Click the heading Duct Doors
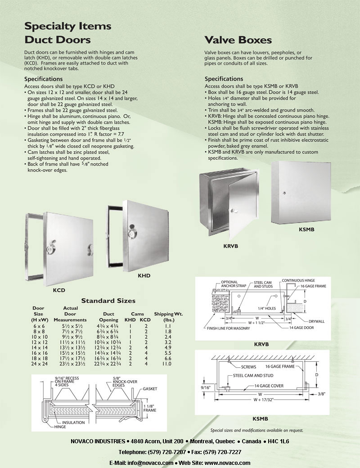click(57, 40)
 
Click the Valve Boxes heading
click(238, 40)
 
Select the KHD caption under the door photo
click(144, 276)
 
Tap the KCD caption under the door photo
click(59, 291)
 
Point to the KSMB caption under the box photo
click(306, 230)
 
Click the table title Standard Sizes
click(108, 301)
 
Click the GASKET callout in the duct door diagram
click(150, 388)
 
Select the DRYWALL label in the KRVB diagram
click(316, 321)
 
